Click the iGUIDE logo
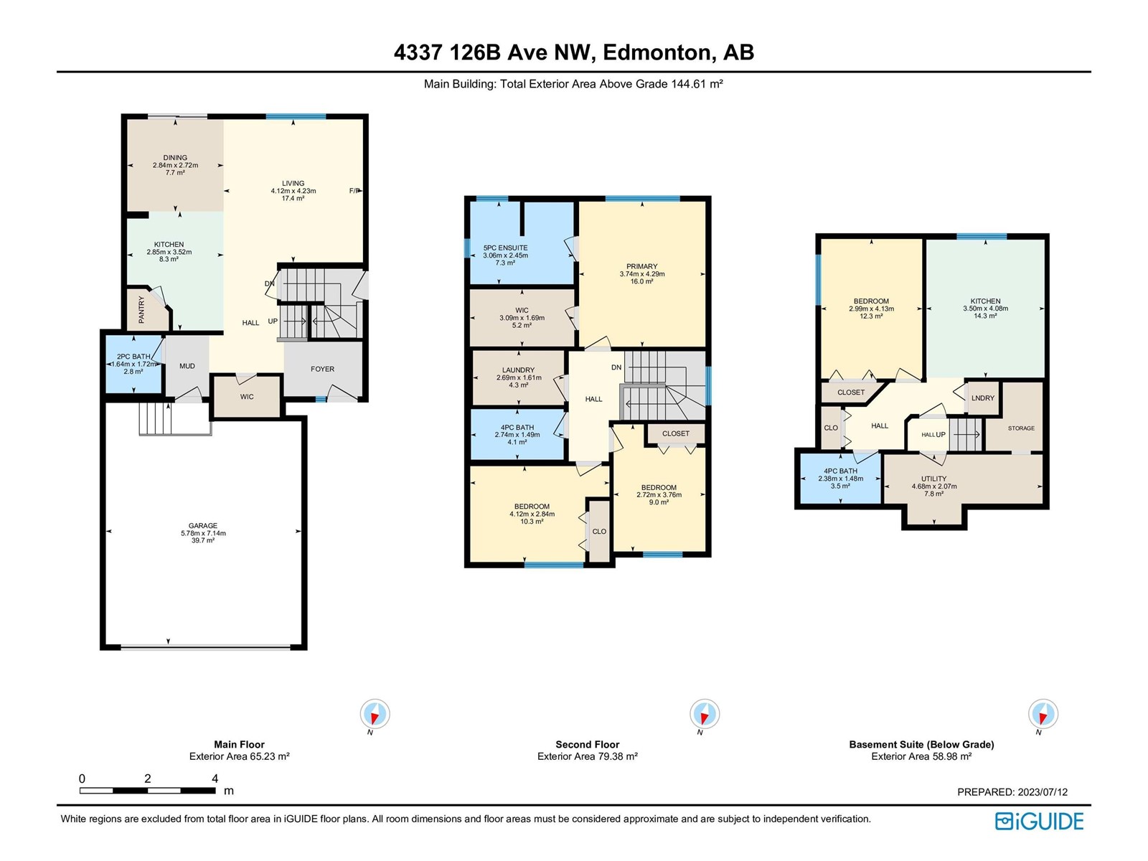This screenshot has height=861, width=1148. [x=1038, y=822]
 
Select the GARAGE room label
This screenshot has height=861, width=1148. [x=203, y=525]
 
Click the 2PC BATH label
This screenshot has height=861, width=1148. [x=133, y=357]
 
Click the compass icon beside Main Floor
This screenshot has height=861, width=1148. [x=375, y=714]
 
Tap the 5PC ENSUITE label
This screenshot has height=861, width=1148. [x=505, y=248]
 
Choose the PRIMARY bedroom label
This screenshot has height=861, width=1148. [x=641, y=266]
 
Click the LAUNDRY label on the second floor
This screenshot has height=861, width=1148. [x=518, y=370]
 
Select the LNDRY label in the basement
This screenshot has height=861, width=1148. [x=983, y=397]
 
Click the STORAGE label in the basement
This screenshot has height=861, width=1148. [x=1021, y=428]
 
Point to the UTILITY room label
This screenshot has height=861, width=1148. [x=933, y=479]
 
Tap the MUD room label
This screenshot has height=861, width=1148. [x=187, y=366]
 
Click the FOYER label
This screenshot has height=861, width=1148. [x=322, y=369]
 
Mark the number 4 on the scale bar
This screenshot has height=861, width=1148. [x=215, y=778]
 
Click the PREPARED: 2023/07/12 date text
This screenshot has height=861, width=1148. [x=1012, y=792]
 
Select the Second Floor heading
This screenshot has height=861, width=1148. [x=588, y=745]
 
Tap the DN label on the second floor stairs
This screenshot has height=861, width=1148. [x=616, y=367]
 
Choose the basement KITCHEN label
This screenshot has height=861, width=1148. [x=985, y=301]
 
